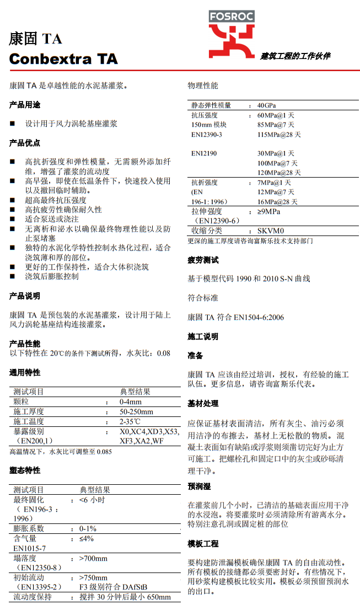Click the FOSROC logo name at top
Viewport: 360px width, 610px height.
point(231,17)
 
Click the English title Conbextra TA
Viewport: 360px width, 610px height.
point(63,59)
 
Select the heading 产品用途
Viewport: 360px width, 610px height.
point(25,105)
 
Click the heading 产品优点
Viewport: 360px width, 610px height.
point(25,143)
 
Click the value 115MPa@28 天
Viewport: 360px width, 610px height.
point(279,135)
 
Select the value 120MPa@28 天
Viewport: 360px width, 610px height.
point(279,173)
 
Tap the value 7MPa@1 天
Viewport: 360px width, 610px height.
point(275,183)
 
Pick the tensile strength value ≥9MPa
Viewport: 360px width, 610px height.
point(268,211)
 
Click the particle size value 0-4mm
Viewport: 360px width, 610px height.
point(131,402)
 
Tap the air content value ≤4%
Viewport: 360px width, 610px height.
point(87,538)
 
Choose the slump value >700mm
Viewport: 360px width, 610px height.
point(94,558)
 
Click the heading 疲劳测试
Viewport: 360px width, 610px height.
point(203,260)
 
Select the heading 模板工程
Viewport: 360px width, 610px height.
point(203,544)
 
